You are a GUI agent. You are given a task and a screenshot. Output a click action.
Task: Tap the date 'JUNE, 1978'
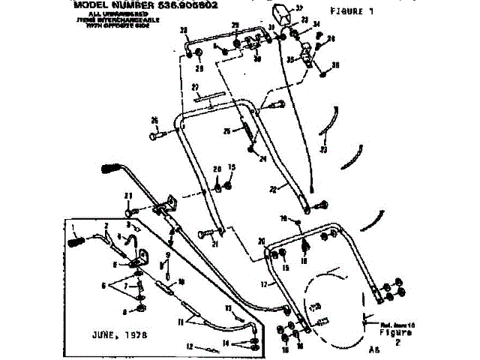[121, 333]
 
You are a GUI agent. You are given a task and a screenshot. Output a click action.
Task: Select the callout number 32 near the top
[299, 7]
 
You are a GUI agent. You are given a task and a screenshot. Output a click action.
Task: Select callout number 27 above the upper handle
[193, 87]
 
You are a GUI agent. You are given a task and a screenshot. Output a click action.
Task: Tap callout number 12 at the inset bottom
[190, 346]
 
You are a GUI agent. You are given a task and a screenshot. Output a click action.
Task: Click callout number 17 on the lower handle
[263, 284]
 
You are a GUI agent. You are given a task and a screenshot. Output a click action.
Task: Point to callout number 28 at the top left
[182, 30]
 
